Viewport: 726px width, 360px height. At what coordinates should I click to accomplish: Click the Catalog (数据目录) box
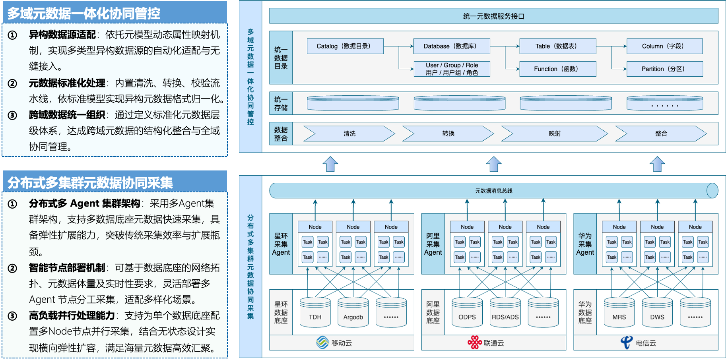click(x=345, y=46)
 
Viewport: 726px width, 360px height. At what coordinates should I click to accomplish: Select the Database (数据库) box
click(x=452, y=46)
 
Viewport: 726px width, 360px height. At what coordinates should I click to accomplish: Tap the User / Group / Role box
click(x=452, y=69)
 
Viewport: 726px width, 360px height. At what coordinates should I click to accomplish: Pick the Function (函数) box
click(x=558, y=69)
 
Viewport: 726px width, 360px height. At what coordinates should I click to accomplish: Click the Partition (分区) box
click(x=664, y=69)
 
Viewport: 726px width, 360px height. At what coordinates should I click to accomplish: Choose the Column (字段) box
click(x=664, y=46)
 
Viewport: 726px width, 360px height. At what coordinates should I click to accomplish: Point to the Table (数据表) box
click(x=558, y=46)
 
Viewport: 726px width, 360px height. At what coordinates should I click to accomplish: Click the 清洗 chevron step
click(x=349, y=134)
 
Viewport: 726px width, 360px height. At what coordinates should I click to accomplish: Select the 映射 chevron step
click(x=555, y=134)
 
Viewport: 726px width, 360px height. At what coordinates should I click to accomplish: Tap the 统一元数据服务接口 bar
click(x=493, y=16)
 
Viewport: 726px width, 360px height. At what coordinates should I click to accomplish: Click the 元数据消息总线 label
click(x=493, y=191)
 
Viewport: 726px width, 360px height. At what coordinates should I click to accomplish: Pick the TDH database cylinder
click(x=315, y=313)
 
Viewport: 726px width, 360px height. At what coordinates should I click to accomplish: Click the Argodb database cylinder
click(x=353, y=313)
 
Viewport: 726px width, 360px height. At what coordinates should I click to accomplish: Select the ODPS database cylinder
click(x=467, y=313)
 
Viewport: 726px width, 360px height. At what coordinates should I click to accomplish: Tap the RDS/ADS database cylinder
click(x=505, y=313)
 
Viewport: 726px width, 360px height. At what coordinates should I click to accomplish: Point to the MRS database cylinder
click(x=619, y=313)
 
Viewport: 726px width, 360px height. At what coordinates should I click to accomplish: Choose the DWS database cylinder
click(x=657, y=313)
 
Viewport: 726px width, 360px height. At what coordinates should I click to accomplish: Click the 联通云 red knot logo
click(x=474, y=342)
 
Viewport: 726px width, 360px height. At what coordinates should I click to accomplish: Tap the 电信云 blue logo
click(x=627, y=342)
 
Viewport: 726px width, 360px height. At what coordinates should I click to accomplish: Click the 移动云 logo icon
click(x=322, y=342)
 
